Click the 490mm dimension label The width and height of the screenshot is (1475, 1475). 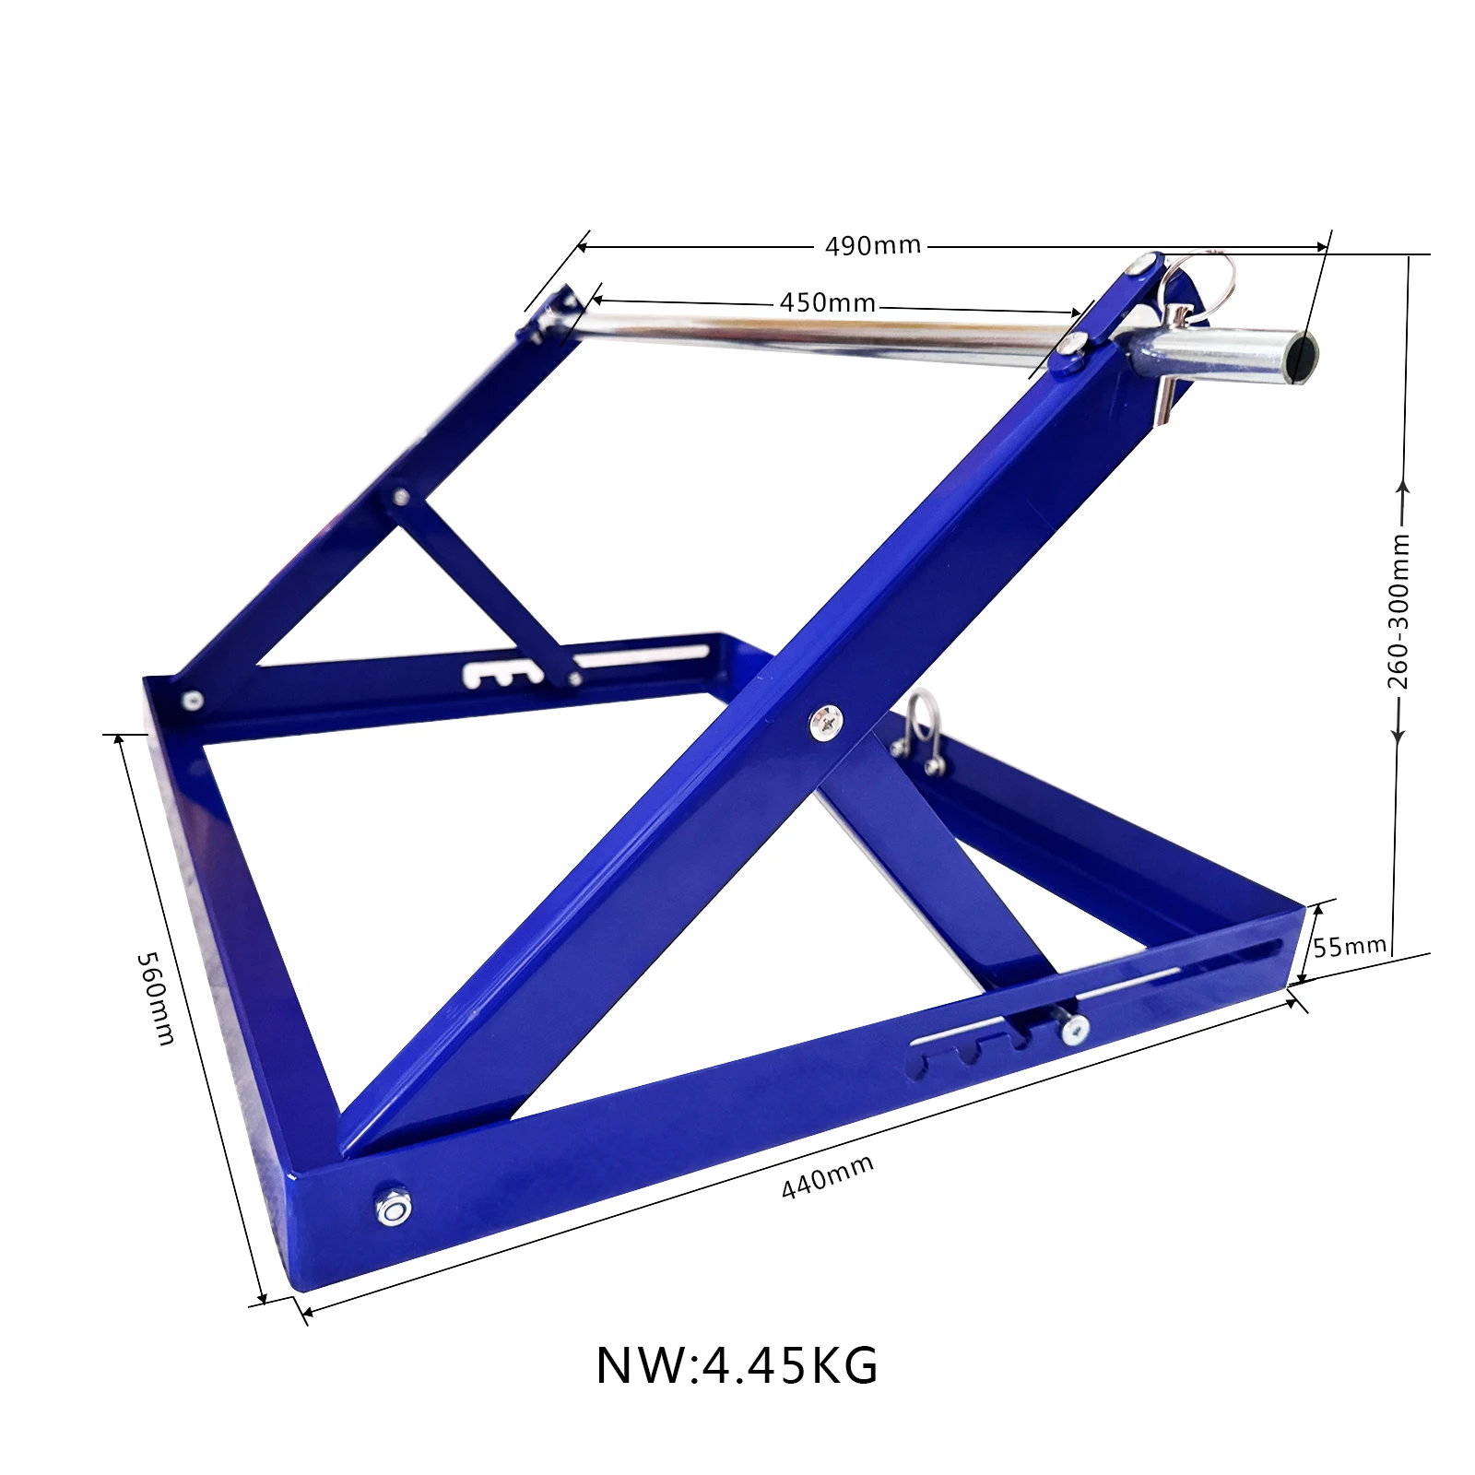(872, 246)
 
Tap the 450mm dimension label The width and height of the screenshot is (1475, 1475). (827, 302)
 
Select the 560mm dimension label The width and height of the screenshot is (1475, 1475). (155, 998)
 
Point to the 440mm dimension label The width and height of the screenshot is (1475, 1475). (827, 1177)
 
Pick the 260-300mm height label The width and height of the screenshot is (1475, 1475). (1398, 610)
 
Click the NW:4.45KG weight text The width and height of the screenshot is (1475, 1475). (737, 1365)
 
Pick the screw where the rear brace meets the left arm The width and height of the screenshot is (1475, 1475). (400, 497)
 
